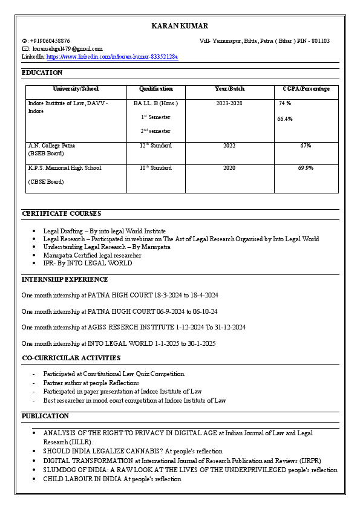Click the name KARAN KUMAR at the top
click(180, 26)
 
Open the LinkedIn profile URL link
click(112, 56)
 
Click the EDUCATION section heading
click(42, 73)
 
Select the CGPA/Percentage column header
click(306, 89)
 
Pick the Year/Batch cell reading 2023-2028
click(229, 103)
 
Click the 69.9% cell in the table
click(306, 168)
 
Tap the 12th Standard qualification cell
click(156, 146)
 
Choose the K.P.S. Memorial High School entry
click(65, 168)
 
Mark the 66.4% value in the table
click(285, 119)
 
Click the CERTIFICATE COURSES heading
click(61, 213)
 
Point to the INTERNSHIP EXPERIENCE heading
click(65, 279)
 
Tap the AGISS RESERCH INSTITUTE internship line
click(133, 327)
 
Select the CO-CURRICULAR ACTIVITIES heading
click(71, 358)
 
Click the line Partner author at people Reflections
click(91, 383)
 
